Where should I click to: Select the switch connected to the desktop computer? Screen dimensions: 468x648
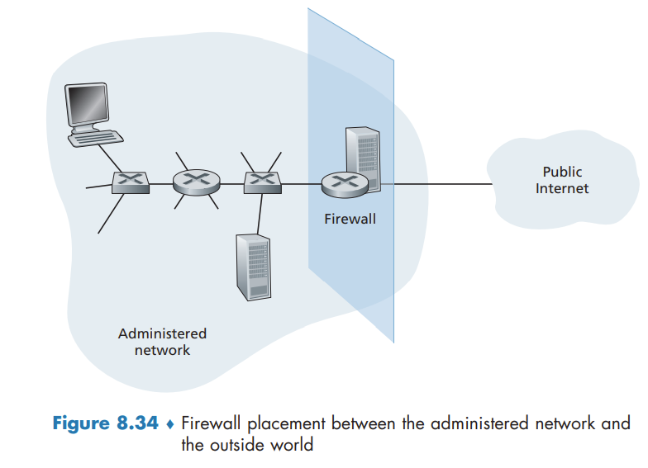click(131, 182)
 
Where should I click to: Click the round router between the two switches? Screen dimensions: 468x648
click(196, 182)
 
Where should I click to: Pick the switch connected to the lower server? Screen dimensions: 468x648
click(264, 182)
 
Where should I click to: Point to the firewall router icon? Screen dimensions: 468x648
click(342, 183)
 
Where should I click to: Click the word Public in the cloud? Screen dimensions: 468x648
click(562, 172)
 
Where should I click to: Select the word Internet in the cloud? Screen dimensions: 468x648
click(562, 188)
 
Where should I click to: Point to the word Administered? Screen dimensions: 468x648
click(162, 333)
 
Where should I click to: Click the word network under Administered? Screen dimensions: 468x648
click(162, 350)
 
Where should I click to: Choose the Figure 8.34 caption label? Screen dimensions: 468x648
click(105, 424)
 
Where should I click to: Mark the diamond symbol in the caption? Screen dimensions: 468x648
click(169, 425)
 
